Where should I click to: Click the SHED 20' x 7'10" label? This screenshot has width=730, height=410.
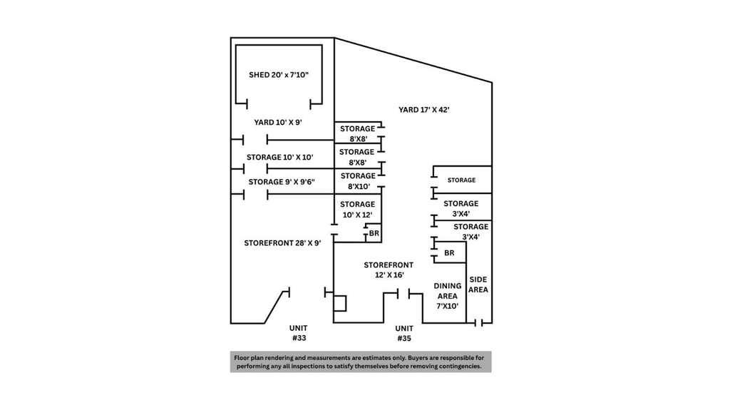click(279, 75)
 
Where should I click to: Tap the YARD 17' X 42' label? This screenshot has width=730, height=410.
click(423, 110)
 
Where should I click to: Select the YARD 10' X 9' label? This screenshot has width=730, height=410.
click(278, 122)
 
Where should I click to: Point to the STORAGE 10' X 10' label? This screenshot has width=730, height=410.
click(279, 157)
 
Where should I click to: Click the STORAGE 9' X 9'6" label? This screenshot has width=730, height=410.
click(282, 182)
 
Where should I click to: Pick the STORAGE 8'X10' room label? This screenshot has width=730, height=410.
click(358, 181)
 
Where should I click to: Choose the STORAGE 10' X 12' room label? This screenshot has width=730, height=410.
click(358, 210)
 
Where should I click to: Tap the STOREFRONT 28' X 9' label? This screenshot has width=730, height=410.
click(282, 242)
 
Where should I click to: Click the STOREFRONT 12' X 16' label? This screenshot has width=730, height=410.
click(389, 270)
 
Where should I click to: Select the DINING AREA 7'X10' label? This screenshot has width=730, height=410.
click(448, 296)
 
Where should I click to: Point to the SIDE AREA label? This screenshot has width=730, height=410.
click(478, 285)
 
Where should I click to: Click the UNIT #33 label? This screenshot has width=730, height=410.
click(299, 333)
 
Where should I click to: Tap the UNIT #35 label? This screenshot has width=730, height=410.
click(404, 334)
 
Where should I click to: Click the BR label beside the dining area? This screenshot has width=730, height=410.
click(449, 253)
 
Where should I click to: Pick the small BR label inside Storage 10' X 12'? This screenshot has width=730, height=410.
click(374, 233)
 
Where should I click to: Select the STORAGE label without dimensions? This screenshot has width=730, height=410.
click(461, 180)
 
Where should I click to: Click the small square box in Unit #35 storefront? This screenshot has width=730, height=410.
click(340, 303)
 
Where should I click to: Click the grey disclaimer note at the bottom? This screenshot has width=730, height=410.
click(361, 362)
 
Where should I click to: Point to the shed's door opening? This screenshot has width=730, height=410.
click(279, 103)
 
